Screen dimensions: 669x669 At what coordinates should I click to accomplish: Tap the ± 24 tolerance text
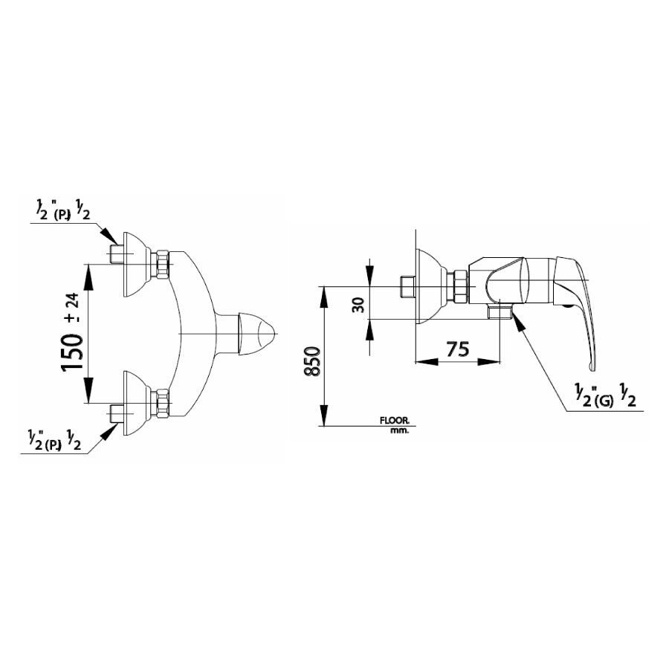coord(73,308)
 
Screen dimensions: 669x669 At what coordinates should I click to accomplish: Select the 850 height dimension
coord(313,361)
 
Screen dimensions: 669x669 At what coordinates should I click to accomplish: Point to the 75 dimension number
coord(458,349)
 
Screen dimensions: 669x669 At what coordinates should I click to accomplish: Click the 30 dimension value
coord(359,305)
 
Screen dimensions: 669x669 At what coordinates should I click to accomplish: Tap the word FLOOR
coord(395,421)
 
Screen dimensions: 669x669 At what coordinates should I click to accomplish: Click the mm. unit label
coord(400,431)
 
